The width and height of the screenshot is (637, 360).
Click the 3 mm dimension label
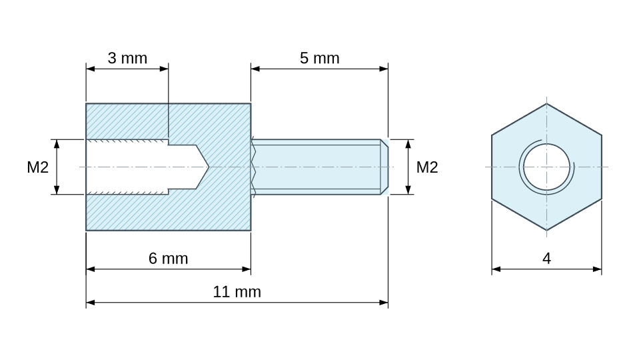pyautogui.click(x=127, y=58)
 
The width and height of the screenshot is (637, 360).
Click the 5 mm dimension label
pyautogui.click(x=319, y=58)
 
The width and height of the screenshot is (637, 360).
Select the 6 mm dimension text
pyautogui.click(x=168, y=259)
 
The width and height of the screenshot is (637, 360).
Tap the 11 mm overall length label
pyautogui.click(x=237, y=292)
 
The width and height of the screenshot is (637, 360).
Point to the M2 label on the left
pyautogui.click(x=38, y=167)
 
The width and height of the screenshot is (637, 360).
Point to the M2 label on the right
pyautogui.click(x=427, y=167)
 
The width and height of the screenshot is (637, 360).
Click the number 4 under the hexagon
pyautogui.click(x=546, y=259)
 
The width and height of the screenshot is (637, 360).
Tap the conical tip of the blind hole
pyautogui.click(x=203, y=167)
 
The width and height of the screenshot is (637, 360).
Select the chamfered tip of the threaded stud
pyautogui.click(x=384, y=167)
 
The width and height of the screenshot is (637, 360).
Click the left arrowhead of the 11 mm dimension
pyautogui.click(x=90, y=302)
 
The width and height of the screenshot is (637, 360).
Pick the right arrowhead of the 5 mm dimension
pyautogui.click(x=384, y=69)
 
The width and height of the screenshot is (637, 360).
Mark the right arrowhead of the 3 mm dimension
pyautogui.click(x=164, y=69)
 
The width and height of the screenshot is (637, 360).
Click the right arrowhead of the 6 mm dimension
pyautogui.click(x=246, y=269)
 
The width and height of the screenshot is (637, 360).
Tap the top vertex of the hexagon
pyautogui.click(x=546, y=103)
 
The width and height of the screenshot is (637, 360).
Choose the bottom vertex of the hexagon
pyautogui.click(x=546, y=231)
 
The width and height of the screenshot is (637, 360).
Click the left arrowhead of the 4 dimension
pyautogui.click(x=496, y=269)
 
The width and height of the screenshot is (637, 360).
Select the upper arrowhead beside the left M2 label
pyautogui.click(x=57, y=144)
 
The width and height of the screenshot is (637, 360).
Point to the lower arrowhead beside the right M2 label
pyautogui.click(x=408, y=190)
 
